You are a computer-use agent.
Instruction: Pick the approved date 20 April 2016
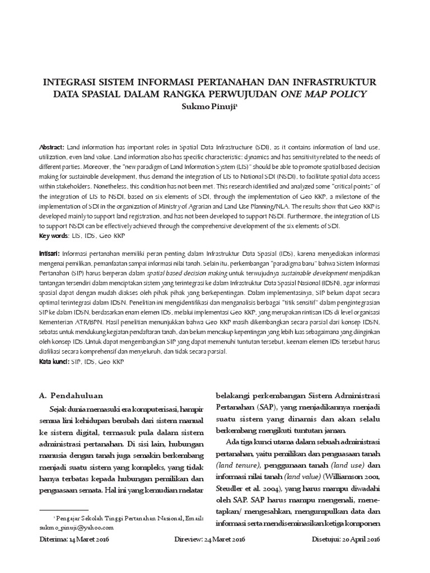coord(362,539)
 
